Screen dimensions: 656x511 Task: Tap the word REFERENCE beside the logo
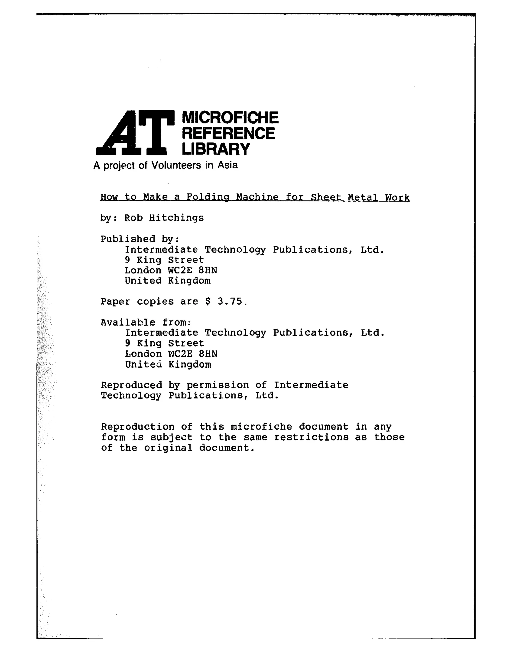coord(228,133)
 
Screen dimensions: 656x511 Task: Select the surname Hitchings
coord(176,218)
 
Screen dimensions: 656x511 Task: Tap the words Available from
coord(145,322)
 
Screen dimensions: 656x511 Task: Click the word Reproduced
coord(131,385)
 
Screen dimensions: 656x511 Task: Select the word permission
coord(218,385)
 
